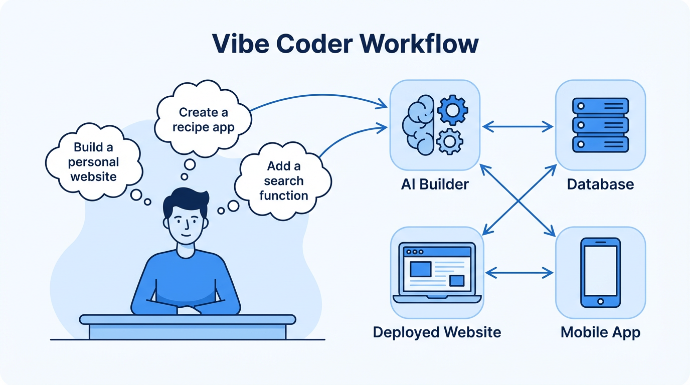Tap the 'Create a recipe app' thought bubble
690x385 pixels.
(203, 119)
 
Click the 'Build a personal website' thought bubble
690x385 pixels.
(93, 161)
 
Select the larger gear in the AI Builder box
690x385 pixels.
(452, 110)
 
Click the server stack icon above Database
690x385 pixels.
(600, 125)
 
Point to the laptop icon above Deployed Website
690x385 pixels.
(437, 273)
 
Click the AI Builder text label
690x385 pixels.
(435, 184)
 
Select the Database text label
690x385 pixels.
(600, 184)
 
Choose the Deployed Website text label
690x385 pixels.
(437, 332)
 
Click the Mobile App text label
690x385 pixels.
(600, 332)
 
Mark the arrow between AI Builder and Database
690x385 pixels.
(517, 127)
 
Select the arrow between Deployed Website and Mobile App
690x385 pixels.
(520, 273)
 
